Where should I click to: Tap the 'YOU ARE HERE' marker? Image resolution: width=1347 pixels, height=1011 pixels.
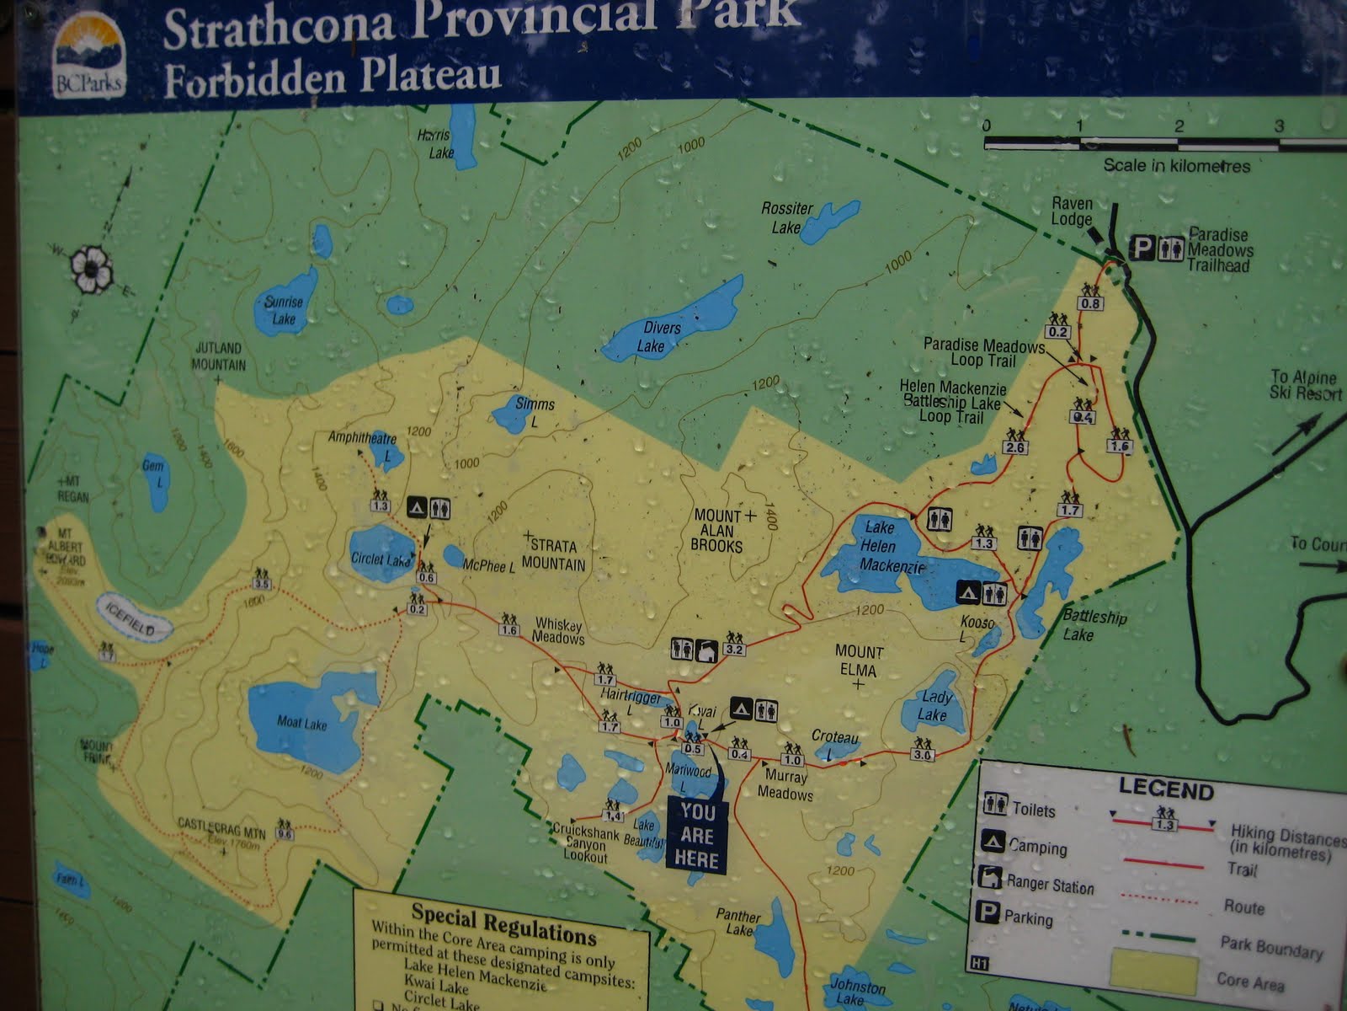(x=698, y=835)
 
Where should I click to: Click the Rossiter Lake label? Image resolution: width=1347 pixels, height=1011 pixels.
(x=786, y=217)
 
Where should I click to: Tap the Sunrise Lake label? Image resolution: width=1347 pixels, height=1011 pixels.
(x=283, y=310)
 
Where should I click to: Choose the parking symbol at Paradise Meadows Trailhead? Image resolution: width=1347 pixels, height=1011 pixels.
(x=1142, y=247)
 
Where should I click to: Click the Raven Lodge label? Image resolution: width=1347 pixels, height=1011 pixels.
(x=1072, y=211)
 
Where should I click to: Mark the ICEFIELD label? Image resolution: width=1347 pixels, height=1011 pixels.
(x=134, y=618)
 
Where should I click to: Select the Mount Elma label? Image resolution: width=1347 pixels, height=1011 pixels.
(x=858, y=661)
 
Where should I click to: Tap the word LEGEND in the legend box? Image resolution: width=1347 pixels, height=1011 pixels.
(x=1165, y=790)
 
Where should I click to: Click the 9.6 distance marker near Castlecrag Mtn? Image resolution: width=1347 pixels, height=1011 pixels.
(x=285, y=834)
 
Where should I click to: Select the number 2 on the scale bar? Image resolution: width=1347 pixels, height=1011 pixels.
(x=1179, y=126)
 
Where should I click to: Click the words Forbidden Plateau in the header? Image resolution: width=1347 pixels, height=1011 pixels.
(x=333, y=76)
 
